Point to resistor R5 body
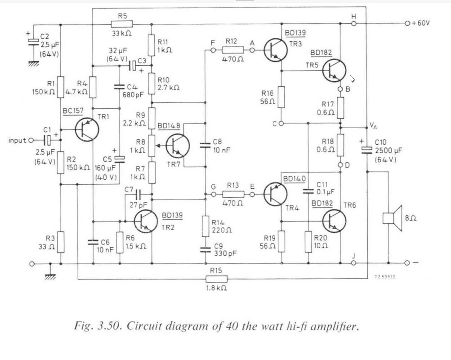pos(122,24)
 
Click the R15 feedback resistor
pos(216,279)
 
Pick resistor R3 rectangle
pos(61,242)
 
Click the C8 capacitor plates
pos(205,145)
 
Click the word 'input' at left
pos(17,140)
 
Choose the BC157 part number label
pos(73,111)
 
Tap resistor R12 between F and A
pos(233,50)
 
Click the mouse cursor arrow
pos(352,79)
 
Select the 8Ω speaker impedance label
pos(411,218)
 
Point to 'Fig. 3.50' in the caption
pos(97,326)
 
